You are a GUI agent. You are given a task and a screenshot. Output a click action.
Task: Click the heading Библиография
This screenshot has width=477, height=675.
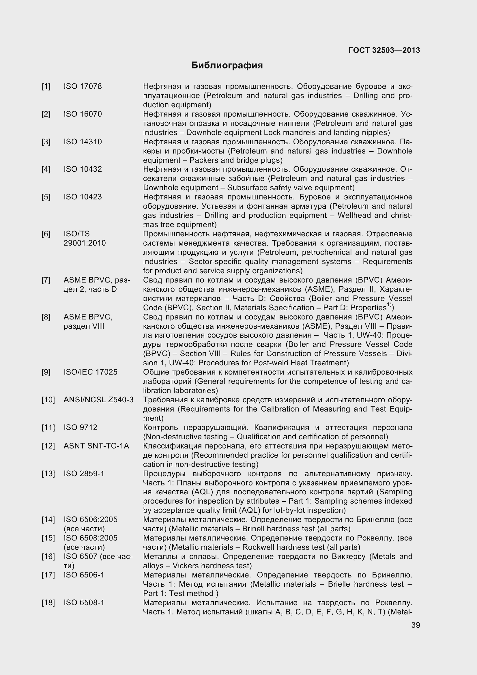point(227,65)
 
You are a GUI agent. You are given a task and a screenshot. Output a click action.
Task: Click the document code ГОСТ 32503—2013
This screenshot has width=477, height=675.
point(384,50)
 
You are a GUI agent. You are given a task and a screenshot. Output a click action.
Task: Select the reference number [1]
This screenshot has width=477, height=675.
point(46,87)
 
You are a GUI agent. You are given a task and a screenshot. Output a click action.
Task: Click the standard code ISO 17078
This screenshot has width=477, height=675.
point(83,87)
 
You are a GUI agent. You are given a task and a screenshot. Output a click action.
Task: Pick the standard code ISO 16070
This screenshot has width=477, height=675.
point(83,114)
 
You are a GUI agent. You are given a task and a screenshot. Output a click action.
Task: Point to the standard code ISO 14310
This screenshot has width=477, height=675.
point(83,142)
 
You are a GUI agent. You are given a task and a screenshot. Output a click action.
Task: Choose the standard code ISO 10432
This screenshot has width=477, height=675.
point(83,169)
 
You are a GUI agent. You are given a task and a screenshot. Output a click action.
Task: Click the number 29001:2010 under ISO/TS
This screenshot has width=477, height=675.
point(85,243)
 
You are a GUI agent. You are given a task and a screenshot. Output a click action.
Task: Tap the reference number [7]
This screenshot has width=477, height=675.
point(46,280)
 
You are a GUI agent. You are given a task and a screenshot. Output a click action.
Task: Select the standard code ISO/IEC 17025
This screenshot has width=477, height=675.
point(91,372)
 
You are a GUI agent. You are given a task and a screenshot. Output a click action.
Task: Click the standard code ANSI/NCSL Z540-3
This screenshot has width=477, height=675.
point(98,400)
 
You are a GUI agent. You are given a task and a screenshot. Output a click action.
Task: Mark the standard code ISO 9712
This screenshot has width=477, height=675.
point(80,427)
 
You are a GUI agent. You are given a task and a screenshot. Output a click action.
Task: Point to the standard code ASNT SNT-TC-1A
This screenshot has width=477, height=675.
point(96,446)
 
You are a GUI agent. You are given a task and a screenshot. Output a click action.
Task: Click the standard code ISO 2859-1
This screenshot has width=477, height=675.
point(84,474)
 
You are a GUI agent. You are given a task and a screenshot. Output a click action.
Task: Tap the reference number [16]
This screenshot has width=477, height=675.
point(48,556)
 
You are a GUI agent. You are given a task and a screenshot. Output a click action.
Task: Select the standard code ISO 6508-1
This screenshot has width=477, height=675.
point(84,603)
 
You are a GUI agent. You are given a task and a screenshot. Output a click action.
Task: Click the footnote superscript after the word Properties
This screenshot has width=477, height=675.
point(389,305)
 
